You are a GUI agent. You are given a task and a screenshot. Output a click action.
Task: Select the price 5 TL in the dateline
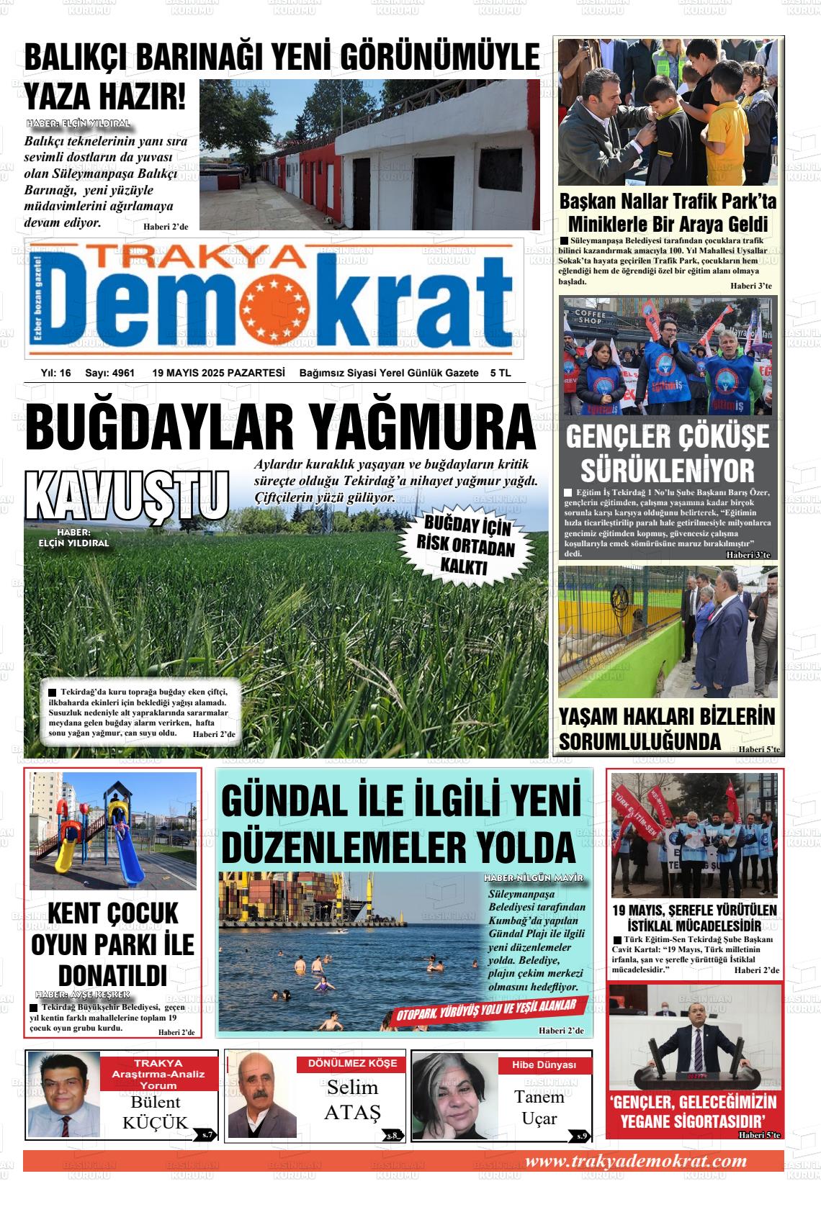coord(500,373)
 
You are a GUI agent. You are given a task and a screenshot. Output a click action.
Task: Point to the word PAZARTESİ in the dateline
coord(256,373)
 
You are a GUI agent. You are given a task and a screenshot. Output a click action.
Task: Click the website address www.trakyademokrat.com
coord(636,1161)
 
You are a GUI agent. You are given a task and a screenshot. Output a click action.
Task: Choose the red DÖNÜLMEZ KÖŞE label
coord(352,1063)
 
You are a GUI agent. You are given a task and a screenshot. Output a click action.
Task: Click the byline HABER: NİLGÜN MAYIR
coord(533,879)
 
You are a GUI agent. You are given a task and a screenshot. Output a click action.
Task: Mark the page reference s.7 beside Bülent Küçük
coord(207,1134)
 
